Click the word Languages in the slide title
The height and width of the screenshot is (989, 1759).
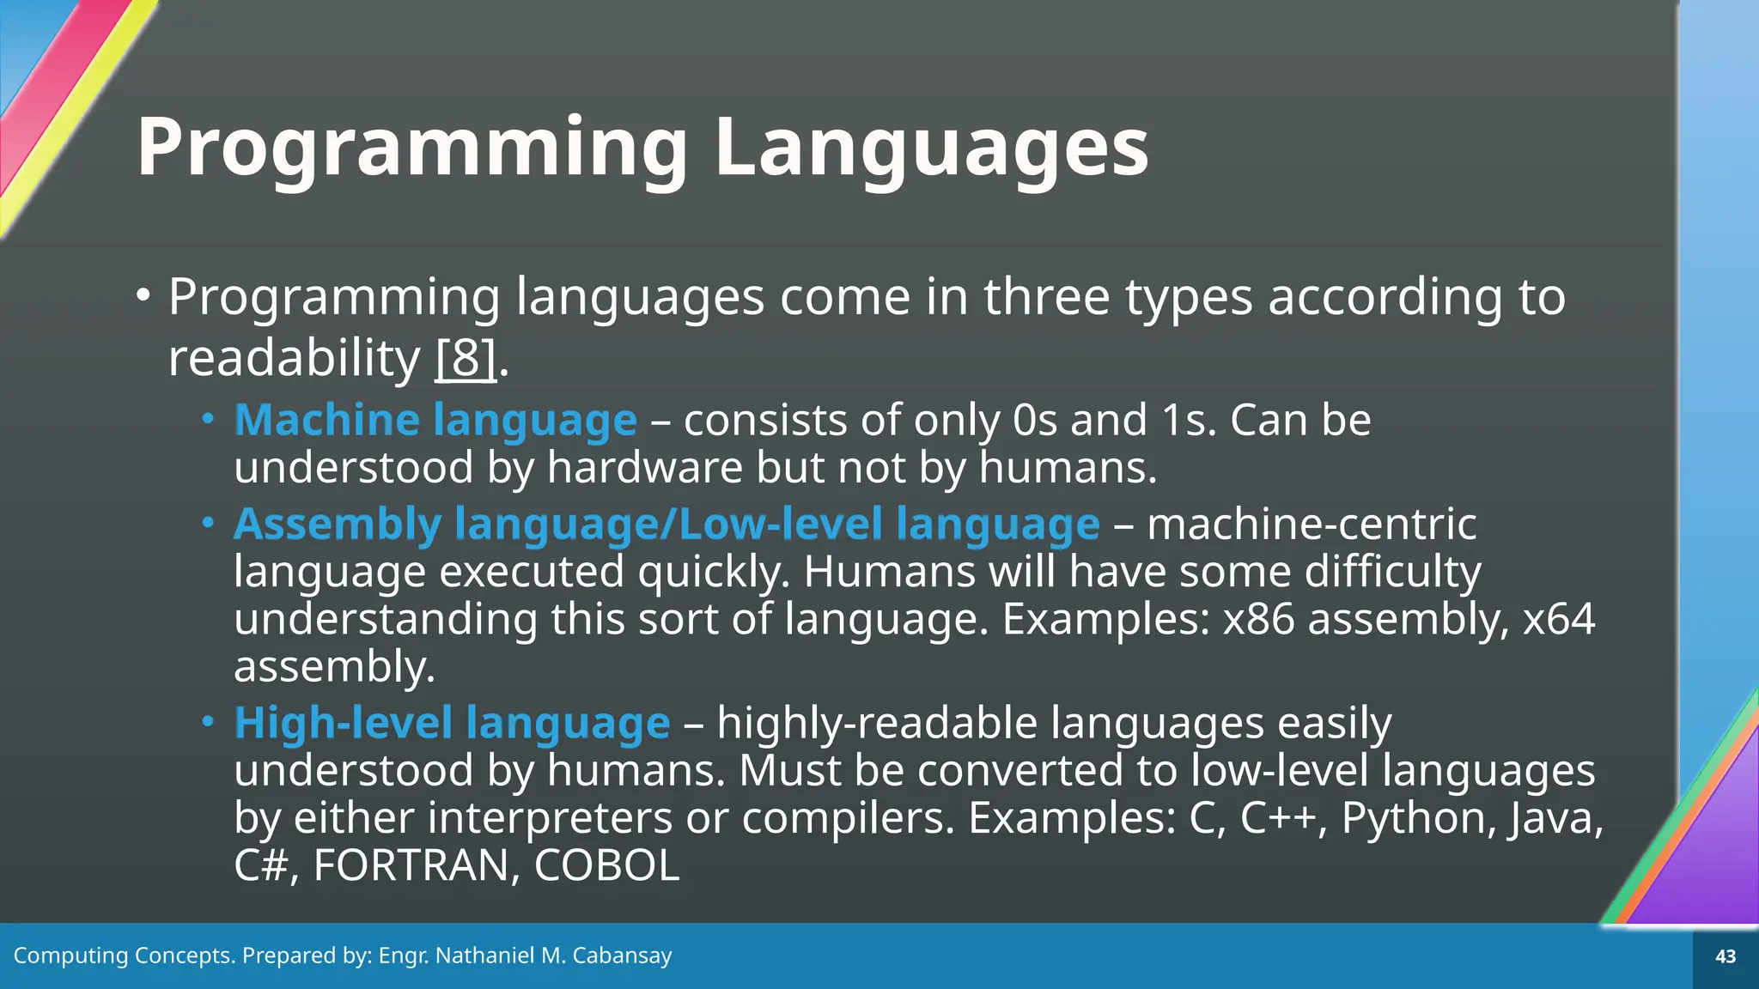(932, 148)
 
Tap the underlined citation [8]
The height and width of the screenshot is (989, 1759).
(466, 358)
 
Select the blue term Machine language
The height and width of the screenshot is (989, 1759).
(435, 421)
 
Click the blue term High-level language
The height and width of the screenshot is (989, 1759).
(452, 723)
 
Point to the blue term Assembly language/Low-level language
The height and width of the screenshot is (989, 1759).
(666, 525)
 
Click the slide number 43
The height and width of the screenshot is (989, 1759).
(1725, 956)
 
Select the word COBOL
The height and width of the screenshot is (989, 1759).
(606, 865)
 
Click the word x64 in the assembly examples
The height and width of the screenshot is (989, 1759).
(1558, 619)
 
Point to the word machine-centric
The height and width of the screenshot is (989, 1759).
(1312, 525)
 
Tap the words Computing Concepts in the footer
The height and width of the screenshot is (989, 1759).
(124, 956)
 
